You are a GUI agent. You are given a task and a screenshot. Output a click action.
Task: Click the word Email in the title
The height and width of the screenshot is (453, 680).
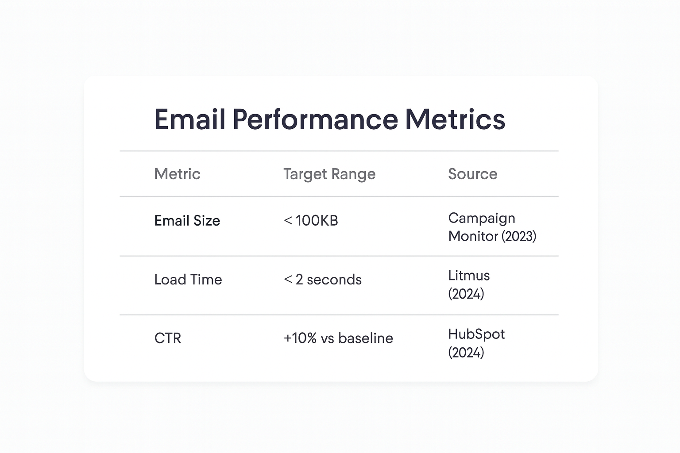[190, 119]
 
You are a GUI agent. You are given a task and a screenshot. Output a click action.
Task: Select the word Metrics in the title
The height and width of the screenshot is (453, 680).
[455, 119]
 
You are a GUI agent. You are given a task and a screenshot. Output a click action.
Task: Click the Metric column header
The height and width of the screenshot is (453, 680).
[177, 174]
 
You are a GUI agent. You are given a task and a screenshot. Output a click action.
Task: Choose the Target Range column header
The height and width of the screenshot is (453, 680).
[329, 174]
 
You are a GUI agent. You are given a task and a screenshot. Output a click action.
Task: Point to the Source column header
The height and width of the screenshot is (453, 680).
[472, 174]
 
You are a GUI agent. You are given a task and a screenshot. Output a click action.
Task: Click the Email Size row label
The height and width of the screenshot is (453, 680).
[187, 221]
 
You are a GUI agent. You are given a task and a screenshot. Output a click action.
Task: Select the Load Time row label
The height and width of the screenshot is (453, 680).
[188, 280]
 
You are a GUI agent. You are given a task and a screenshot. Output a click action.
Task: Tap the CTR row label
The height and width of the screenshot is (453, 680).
[167, 338]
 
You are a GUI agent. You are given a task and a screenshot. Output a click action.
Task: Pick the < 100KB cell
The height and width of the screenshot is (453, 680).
[311, 220]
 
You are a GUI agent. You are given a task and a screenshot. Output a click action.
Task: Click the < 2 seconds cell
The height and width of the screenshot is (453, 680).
[322, 280]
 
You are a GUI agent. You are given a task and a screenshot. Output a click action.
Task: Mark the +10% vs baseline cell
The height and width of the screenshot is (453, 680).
[338, 338]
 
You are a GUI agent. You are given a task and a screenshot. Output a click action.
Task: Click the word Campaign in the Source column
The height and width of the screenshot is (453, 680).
[481, 218]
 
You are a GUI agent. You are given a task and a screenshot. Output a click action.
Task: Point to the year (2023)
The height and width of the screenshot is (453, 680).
[518, 236]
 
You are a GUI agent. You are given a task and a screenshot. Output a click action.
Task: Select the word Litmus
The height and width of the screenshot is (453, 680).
[469, 276]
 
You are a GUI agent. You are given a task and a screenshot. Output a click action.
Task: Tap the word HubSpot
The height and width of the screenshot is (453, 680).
[476, 334]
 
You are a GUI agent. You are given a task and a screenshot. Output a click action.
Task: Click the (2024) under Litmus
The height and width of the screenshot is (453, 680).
[466, 294]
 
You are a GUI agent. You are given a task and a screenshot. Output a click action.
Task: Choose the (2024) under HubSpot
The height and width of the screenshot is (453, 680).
[466, 353]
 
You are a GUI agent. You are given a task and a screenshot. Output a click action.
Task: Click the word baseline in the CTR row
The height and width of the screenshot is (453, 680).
[365, 338]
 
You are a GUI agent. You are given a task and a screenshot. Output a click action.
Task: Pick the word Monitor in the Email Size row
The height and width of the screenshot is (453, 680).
[473, 236]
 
